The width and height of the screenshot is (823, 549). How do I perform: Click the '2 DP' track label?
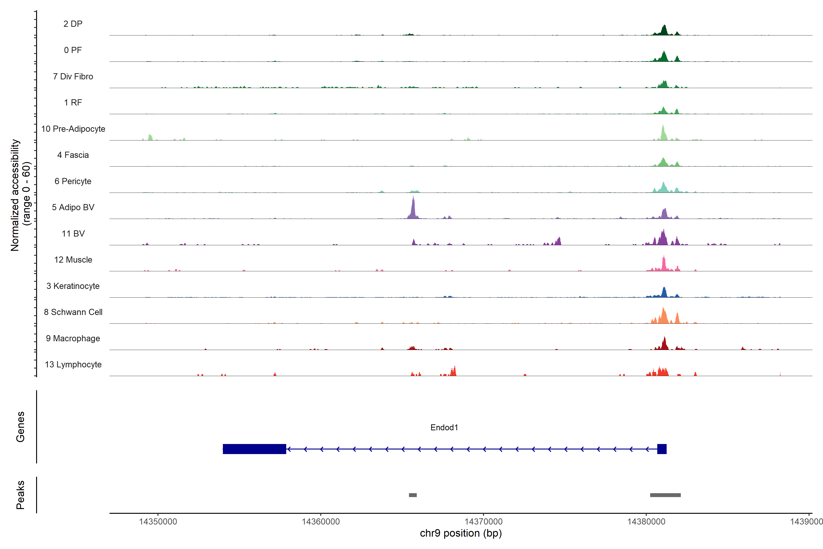click(x=73, y=24)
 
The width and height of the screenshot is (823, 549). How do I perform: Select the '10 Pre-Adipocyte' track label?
click(x=73, y=129)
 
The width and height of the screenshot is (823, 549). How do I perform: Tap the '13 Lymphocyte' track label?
click(x=73, y=364)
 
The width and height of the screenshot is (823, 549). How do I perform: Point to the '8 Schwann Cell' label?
click(x=73, y=312)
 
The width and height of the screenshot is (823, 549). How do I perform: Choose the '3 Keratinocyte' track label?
click(x=73, y=286)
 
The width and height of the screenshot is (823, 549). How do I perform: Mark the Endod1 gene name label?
click(x=444, y=428)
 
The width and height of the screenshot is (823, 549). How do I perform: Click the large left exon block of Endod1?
click(x=254, y=449)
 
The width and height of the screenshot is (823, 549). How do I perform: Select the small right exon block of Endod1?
click(x=662, y=449)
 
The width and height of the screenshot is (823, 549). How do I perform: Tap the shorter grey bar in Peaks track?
click(x=413, y=495)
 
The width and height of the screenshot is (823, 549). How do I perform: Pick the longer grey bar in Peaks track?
click(x=665, y=495)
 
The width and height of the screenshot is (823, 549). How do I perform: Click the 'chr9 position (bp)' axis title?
click(x=461, y=533)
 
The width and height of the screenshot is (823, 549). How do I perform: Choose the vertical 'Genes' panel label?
click(x=20, y=427)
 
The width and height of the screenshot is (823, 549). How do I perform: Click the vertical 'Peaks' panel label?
click(x=20, y=495)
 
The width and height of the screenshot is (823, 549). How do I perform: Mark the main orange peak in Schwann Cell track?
click(x=663, y=316)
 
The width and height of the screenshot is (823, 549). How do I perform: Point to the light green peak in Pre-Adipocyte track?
click(x=663, y=133)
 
